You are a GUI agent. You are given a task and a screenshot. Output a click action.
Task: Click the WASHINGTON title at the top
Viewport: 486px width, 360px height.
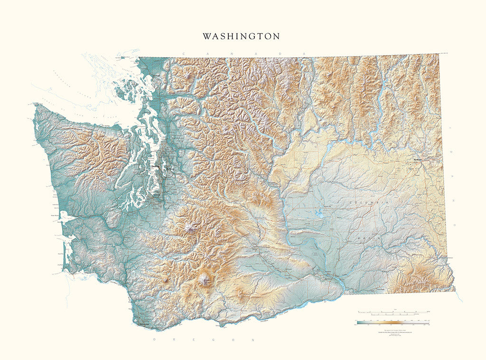(x=241, y=37)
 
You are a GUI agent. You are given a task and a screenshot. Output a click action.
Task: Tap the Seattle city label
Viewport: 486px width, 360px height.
(x=155, y=167)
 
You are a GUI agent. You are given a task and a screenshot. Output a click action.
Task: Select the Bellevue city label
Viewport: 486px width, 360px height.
(x=169, y=169)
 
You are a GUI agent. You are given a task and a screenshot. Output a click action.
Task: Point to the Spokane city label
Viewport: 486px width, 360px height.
(x=417, y=160)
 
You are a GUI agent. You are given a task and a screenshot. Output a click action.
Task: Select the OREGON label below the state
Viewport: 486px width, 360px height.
(x=205, y=340)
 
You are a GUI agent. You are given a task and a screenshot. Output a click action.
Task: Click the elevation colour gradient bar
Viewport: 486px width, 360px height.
(x=393, y=322)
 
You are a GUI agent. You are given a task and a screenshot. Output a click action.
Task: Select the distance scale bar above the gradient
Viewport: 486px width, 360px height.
(x=393, y=313)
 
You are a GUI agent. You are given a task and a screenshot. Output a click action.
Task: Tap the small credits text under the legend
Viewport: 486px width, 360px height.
(x=393, y=332)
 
